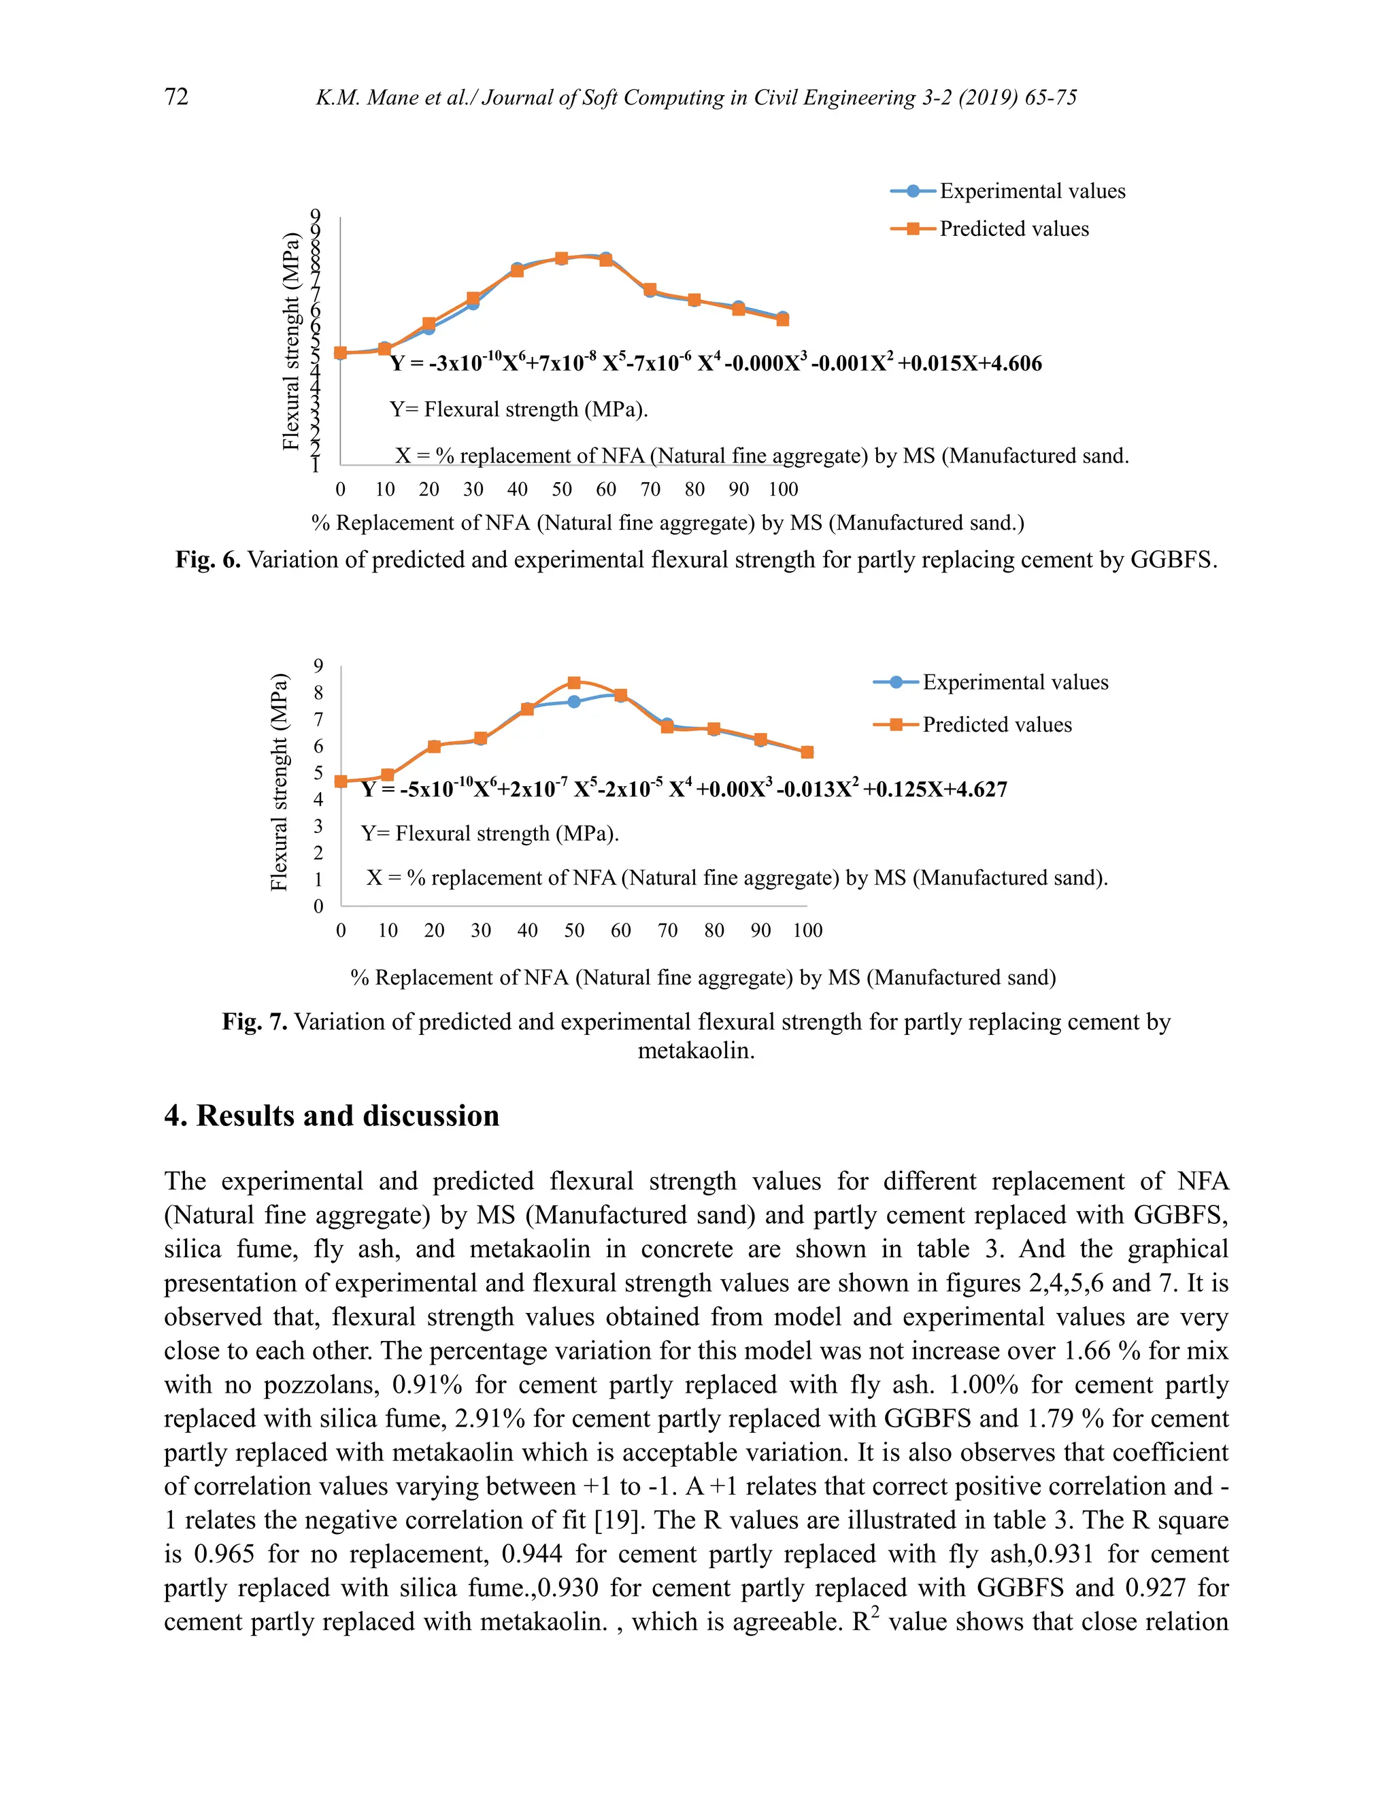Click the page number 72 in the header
point(177,97)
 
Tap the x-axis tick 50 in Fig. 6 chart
point(562,490)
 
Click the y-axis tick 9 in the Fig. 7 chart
point(318,665)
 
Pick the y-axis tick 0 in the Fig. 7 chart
point(318,906)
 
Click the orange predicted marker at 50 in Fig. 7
point(574,682)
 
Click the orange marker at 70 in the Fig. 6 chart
point(650,289)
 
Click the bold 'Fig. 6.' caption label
point(207,560)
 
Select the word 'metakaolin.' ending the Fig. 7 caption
point(696,1051)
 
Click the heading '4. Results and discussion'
point(332,1115)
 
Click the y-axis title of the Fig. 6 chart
point(290,341)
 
